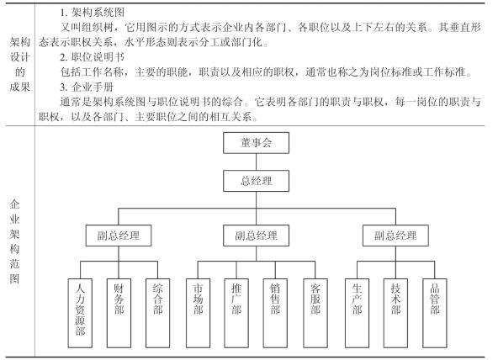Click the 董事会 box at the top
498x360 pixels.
pyautogui.click(x=256, y=143)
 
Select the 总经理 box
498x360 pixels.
pyautogui.click(x=256, y=181)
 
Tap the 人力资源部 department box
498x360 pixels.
pyautogui.click(x=80, y=313)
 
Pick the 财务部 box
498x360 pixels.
pyautogui.click(x=119, y=313)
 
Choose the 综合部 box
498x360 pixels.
pyautogui.click(x=157, y=313)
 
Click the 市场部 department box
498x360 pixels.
pyautogui.click(x=198, y=313)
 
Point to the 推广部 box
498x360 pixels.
pyautogui.click(x=236, y=313)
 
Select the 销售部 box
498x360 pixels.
pyautogui.click(x=275, y=313)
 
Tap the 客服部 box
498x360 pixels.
pyautogui.click(x=315, y=313)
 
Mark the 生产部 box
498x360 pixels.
pyautogui.click(x=357, y=313)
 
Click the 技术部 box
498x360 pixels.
pyautogui.click(x=395, y=313)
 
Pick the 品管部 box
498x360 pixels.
pyautogui.click(x=434, y=313)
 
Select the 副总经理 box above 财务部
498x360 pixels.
pyautogui.click(x=119, y=236)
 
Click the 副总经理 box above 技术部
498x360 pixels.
pyautogui.click(x=395, y=236)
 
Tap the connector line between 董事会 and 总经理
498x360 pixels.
pyautogui.click(x=256, y=161)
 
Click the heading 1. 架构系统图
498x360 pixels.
pyautogui.click(x=92, y=13)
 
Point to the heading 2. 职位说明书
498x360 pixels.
pyautogui.click(x=92, y=57)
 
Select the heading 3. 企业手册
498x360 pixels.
pyautogui.click(x=87, y=87)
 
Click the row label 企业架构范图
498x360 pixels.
pyautogui.click(x=14, y=241)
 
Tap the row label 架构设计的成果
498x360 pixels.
pyautogui.click(x=19, y=65)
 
